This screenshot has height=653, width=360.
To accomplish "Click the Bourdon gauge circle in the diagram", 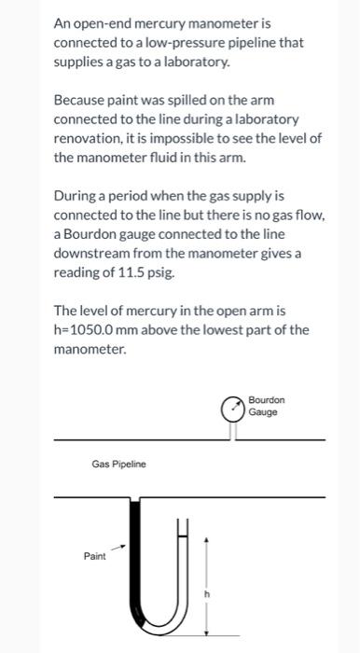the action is coord(230,408).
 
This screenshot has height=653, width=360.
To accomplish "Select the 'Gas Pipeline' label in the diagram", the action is coord(118,463).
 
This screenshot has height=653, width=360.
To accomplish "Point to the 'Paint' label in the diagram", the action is coord(96,555).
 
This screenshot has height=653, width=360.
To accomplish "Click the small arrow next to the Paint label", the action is coord(118,549).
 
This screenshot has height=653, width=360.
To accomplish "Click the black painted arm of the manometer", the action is coord(137,560).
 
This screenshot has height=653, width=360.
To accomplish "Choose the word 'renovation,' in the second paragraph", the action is coord(92,139).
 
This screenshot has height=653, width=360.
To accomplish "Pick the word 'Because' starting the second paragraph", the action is coord(80,102).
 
